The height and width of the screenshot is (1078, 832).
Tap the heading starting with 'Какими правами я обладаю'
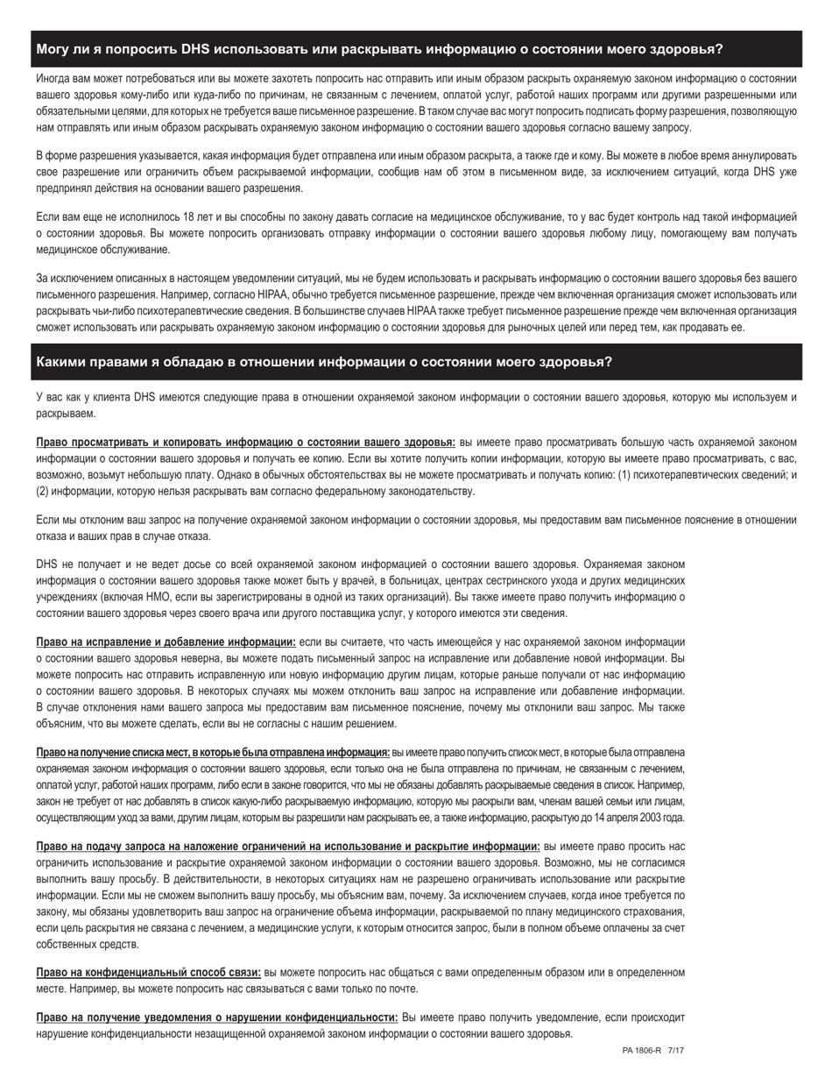point(324,362)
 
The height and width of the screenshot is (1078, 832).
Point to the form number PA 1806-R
point(642,1050)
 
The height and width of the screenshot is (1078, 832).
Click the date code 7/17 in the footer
point(675,1050)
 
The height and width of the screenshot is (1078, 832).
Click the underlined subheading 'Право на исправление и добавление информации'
point(166,642)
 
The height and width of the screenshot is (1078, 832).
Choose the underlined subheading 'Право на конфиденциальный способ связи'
point(148,973)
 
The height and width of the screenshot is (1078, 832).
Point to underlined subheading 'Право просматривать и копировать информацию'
point(245,442)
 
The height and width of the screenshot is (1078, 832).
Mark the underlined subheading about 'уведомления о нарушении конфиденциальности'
point(216,1018)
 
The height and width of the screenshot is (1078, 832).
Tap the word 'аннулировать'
point(758,155)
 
